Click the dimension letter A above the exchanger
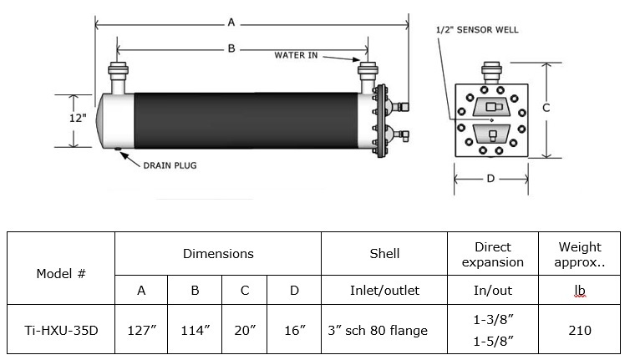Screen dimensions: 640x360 (x=231, y=22)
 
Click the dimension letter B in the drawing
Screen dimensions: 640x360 (x=231, y=48)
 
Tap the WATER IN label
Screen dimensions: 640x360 (x=296, y=55)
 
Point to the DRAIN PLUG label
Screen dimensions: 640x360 (x=170, y=165)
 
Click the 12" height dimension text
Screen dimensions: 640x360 (x=78, y=118)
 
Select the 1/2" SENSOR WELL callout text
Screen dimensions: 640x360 (x=477, y=30)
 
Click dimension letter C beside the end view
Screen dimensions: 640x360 (x=546, y=108)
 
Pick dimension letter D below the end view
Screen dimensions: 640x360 (x=490, y=179)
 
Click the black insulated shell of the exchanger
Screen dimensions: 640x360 (x=246, y=120)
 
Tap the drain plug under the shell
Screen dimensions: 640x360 (x=118, y=149)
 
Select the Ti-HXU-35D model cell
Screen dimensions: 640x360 (x=61, y=330)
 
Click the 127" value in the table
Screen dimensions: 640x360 (x=142, y=330)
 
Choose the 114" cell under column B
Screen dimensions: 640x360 (x=196, y=330)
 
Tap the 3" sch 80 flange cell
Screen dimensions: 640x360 (x=378, y=330)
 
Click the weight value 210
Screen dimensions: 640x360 (x=580, y=330)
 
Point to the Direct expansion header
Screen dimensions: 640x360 (x=493, y=254)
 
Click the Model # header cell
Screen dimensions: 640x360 (x=61, y=273)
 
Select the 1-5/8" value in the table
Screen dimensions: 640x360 (x=493, y=341)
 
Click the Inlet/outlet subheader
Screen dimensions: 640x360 (x=384, y=290)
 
